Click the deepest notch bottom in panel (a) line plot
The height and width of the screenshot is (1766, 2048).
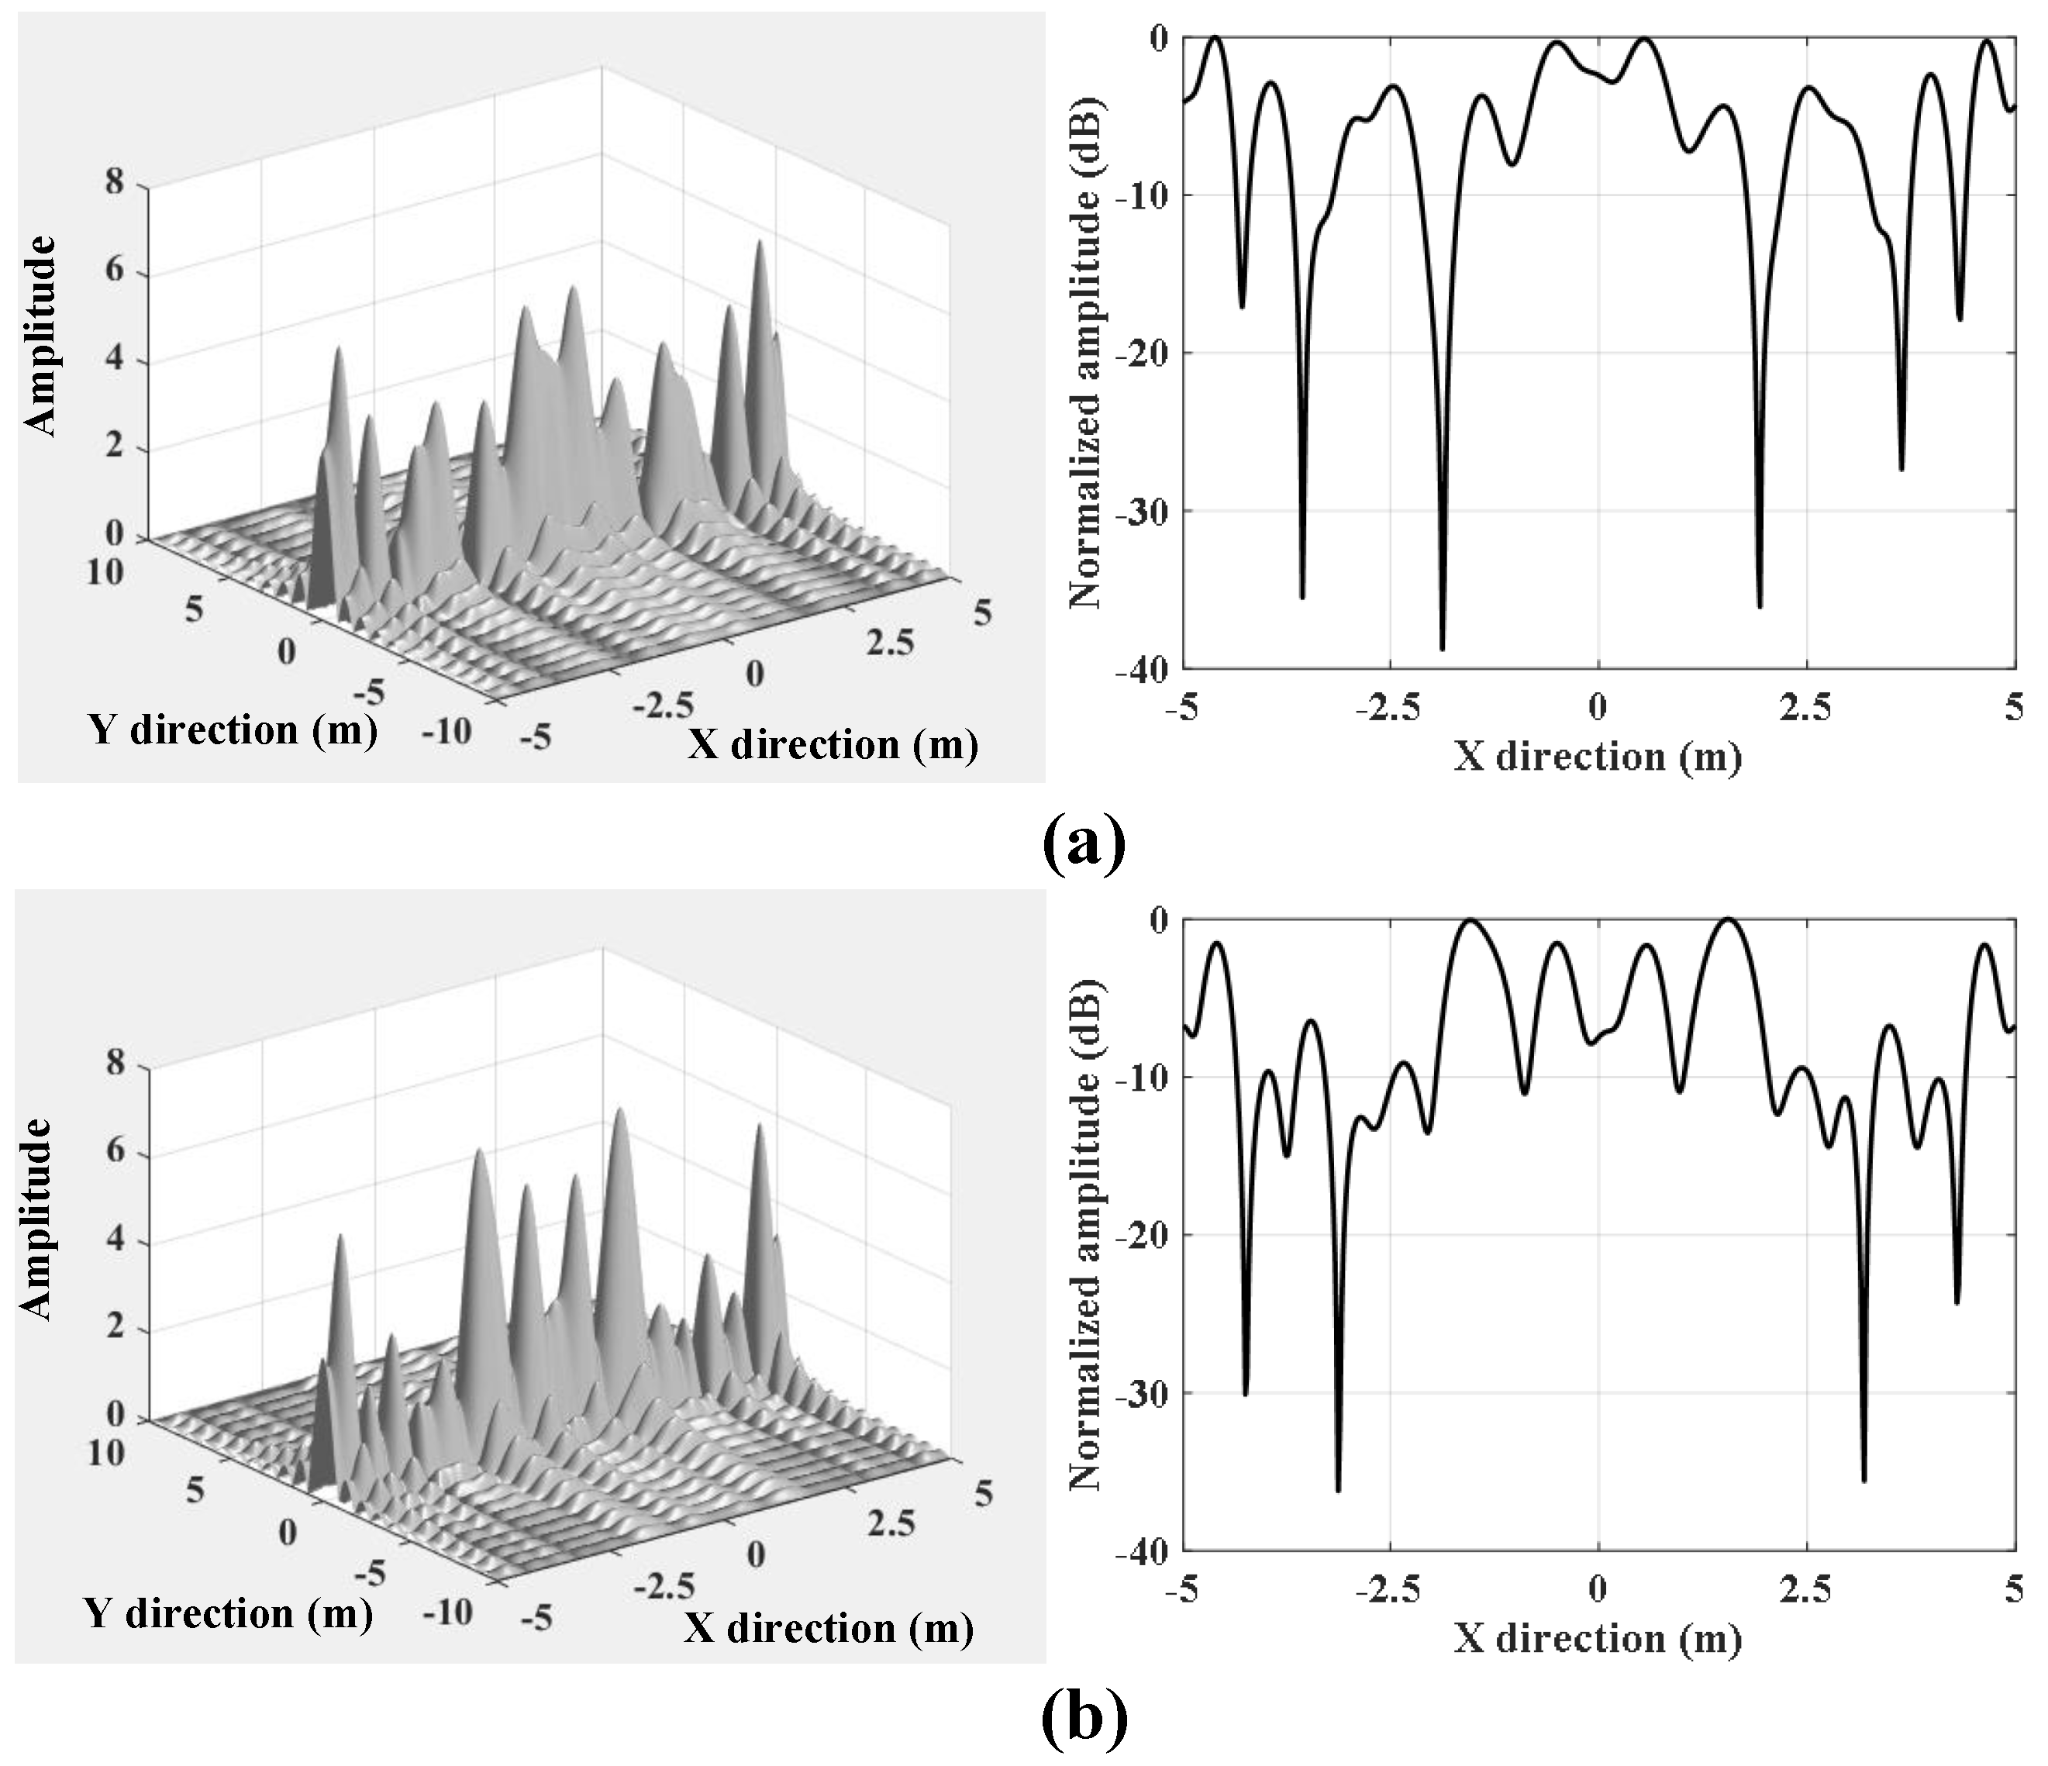(x=1442, y=648)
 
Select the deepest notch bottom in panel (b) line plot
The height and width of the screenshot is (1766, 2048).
(x=1338, y=1489)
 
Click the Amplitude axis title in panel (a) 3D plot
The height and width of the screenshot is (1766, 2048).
(x=40, y=336)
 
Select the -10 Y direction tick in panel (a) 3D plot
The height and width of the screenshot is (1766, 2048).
(x=446, y=731)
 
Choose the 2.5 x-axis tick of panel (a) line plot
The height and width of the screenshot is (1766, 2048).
(x=1805, y=705)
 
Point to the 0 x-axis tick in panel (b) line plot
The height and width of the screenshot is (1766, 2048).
(x=1598, y=1588)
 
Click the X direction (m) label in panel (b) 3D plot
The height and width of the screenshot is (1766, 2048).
(x=829, y=1628)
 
